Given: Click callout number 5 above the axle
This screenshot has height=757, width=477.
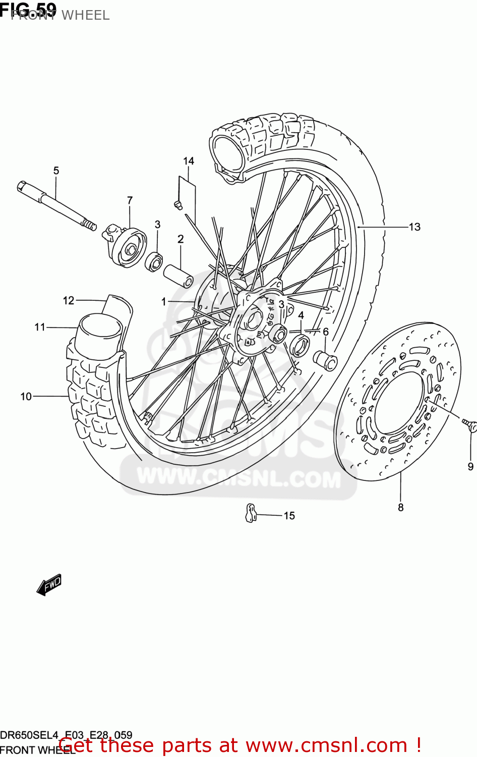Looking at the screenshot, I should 56,171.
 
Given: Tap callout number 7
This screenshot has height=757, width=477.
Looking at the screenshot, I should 130,200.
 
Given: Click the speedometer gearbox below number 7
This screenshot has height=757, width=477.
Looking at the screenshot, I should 126,246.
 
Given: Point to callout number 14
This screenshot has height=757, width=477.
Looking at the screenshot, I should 189,161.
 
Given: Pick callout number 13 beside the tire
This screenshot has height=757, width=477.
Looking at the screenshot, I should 414,227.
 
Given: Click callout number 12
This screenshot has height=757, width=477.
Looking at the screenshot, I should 69,301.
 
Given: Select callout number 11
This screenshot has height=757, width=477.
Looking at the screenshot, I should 40,328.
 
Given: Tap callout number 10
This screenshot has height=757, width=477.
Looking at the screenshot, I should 26,397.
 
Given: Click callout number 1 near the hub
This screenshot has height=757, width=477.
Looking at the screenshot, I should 163,302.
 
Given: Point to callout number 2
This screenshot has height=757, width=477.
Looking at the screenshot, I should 181,239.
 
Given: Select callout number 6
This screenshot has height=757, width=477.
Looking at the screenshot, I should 326,332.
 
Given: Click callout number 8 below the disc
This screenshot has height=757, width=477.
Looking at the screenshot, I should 401,508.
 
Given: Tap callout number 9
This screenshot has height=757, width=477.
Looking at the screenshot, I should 470,466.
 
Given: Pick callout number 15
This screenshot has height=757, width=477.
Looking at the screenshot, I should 289,516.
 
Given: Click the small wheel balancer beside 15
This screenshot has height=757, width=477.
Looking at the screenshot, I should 251,513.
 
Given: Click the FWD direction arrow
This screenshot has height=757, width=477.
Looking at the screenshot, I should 49,585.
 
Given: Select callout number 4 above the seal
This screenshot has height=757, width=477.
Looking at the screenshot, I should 301,315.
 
